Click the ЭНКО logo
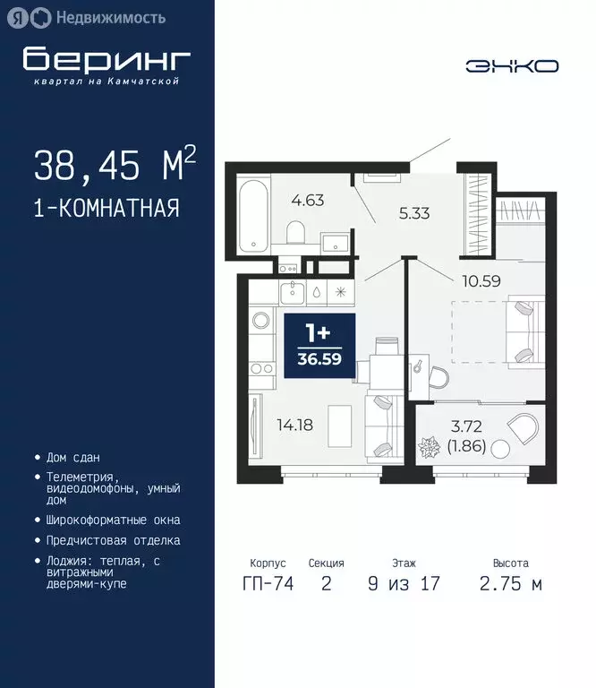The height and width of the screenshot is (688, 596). (x=512, y=65)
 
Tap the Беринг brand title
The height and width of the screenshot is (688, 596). (x=107, y=59)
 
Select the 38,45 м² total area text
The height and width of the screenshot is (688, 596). (x=115, y=165)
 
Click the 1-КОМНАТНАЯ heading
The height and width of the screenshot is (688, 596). (x=106, y=209)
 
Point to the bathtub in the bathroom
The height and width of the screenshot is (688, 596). (x=256, y=216)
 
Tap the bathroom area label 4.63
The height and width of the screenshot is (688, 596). (x=307, y=199)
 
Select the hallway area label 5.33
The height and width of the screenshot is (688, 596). (x=416, y=213)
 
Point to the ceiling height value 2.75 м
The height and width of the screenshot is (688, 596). (x=510, y=585)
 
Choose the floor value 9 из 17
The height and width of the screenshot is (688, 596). (x=403, y=585)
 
